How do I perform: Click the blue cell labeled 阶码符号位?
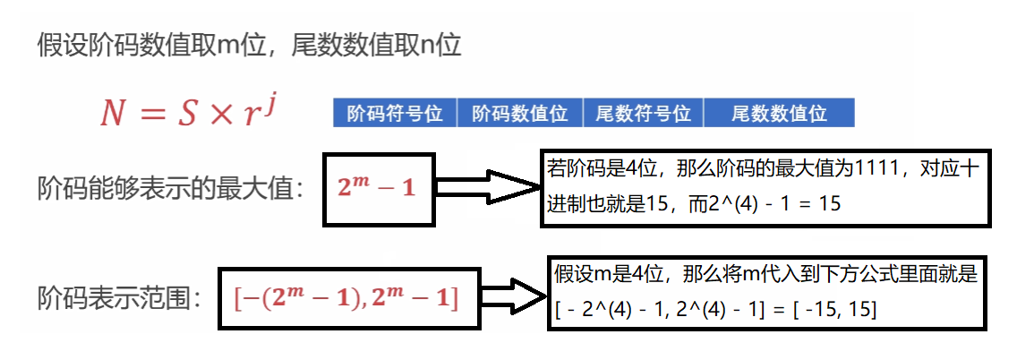[x=395, y=114]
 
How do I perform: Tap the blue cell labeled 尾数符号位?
[x=643, y=114]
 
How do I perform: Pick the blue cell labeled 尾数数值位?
[x=778, y=114]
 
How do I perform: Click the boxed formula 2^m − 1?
[x=377, y=189]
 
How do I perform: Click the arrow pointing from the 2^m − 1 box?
[x=487, y=188]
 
